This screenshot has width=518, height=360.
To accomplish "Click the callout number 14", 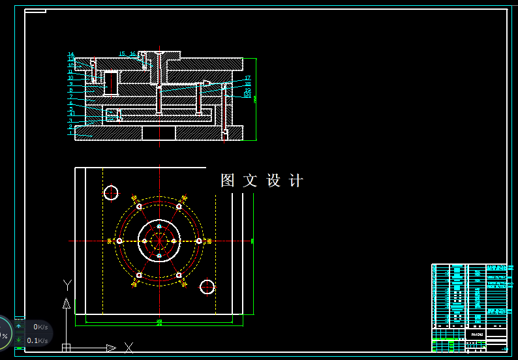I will (70, 54).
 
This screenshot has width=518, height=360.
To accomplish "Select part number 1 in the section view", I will (70, 133).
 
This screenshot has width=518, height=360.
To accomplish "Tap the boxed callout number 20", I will (247, 95).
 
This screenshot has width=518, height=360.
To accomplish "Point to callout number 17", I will (248, 78).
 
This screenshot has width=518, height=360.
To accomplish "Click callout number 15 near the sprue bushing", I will (122, 54).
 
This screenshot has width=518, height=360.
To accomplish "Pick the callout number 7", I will (70, 97).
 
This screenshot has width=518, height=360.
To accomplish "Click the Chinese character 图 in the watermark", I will (228, 181).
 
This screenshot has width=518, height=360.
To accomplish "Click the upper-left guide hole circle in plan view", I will (111, 192).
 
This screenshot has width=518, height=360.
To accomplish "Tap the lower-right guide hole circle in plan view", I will (207, 286).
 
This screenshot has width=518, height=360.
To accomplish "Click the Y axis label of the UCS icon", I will (67, 285).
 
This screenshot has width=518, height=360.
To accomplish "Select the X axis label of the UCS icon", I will (129, 347).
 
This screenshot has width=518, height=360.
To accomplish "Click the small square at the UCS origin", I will (66, 348).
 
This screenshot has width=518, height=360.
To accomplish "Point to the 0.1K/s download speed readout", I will (37, 340).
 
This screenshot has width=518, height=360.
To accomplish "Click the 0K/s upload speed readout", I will (40, 327).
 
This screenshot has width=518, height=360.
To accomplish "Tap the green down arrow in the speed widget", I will (19, 340).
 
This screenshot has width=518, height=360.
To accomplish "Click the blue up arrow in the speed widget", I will (19, 327).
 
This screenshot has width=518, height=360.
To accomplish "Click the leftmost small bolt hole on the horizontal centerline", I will (119, 241).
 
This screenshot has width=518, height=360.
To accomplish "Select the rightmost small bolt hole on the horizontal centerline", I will (199, 241).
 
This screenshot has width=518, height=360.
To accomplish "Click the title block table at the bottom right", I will (469, 307).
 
